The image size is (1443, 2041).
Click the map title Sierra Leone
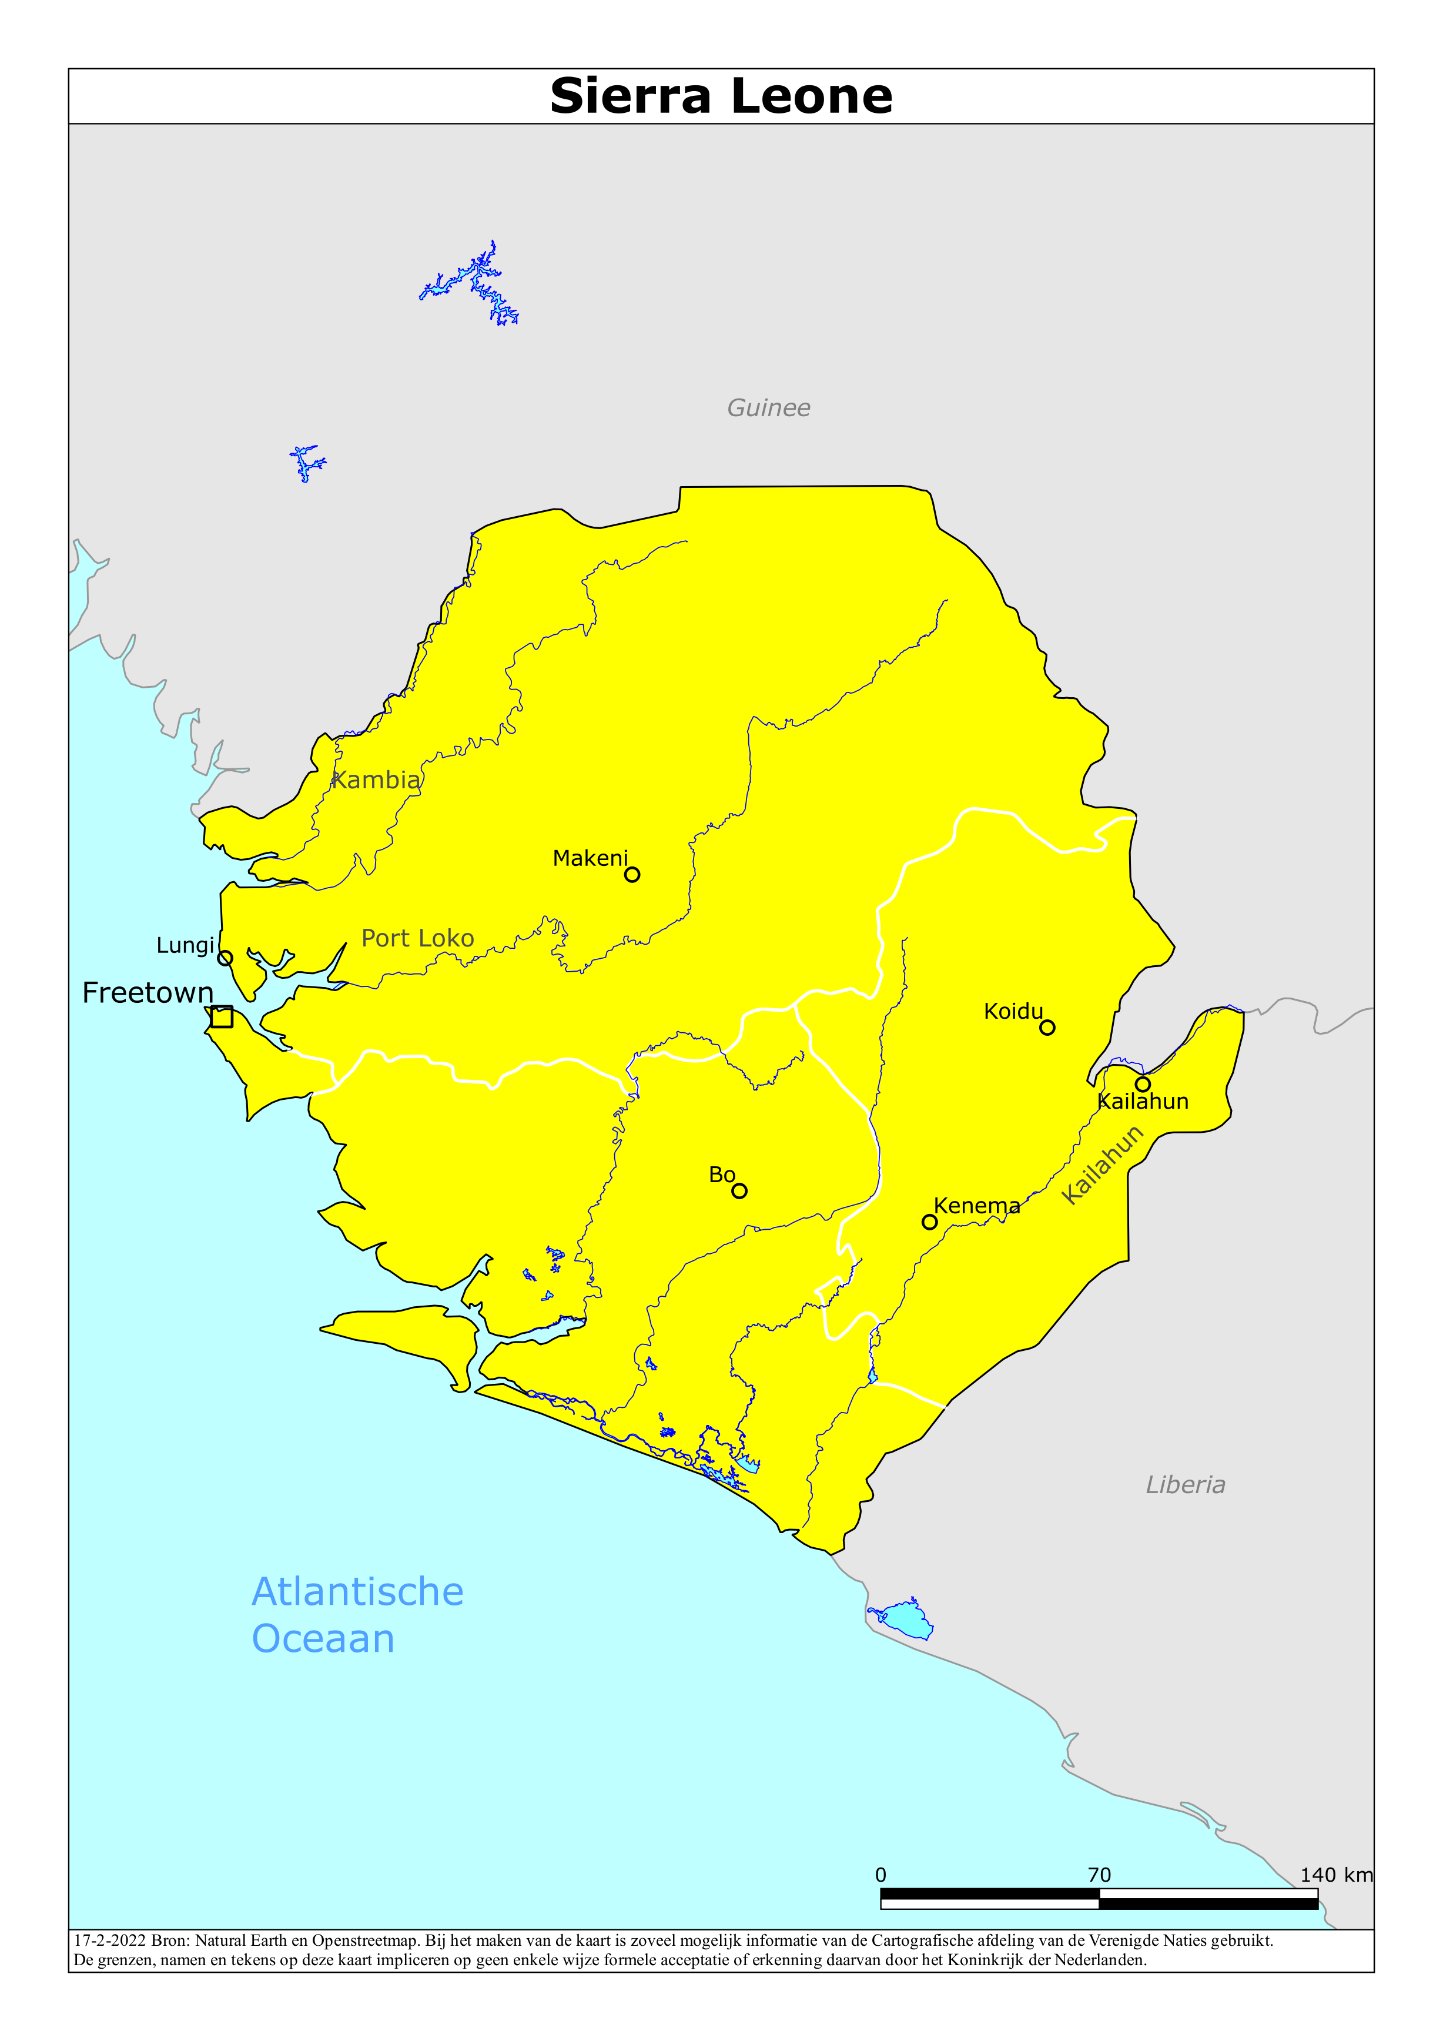pos(721,96)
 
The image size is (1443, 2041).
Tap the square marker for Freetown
pos(222,1016)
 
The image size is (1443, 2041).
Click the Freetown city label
pos(148,992)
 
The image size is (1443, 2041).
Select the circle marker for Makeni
pos(632,875)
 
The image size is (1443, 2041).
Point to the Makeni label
pos(590,858)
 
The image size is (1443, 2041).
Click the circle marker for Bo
pos(739,1191)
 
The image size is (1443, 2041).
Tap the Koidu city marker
pos(1047,1028)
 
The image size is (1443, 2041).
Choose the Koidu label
pos(1013,1011)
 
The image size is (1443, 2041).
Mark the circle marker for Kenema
pos(929,1222)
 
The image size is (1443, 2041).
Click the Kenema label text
pos(976,1206)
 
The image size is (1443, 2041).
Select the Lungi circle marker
pos(225,958)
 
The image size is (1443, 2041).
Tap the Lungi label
pos(185,945)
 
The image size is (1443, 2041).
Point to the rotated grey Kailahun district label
pos(1103,1165)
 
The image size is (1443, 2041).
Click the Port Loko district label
pos(417,938)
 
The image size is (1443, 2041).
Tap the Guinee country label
pos(768,408)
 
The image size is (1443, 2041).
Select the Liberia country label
pos(1185,1484)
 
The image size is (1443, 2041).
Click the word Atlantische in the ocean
pos(357,1591)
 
